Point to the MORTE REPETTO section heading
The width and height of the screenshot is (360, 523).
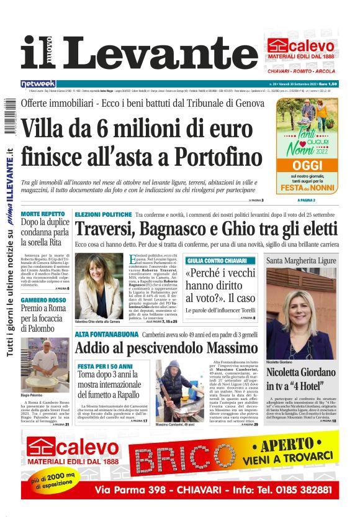(47, 214)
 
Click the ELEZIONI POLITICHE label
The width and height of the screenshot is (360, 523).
(103, 214)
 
